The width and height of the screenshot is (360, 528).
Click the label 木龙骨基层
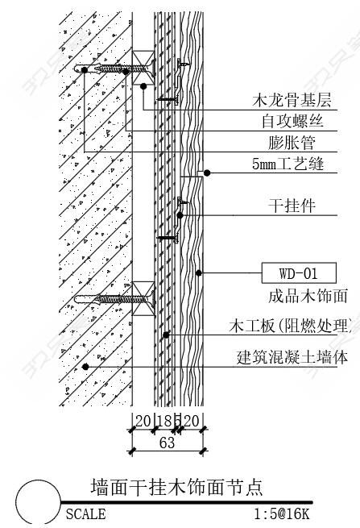(292, 100)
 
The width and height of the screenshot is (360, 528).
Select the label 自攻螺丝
(292, 121)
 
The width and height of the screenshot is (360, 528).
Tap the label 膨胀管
(292, 143)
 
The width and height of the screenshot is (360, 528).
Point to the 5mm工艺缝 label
(288, 164)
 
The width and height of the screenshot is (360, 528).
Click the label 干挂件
(292, 206)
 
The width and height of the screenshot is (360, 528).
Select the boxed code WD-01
(299, 272)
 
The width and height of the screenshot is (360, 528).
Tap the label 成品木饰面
(308, 297)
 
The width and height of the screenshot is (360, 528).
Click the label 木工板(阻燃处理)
(292, 326)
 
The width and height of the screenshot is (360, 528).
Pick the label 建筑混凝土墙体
(292, 357)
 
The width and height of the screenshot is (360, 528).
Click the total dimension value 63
(167, 443)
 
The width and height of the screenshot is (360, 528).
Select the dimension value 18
(165, 421)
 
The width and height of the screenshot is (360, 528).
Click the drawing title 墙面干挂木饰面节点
(176, 487)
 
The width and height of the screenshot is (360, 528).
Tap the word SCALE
(85, 514)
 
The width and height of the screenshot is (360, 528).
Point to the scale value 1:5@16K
(282, 514)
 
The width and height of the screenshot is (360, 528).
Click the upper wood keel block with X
(143, 68)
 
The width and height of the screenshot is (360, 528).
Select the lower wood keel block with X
(143, 299)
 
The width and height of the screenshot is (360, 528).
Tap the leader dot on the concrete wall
(85, 366)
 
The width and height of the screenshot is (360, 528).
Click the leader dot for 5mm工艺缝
(207, 173)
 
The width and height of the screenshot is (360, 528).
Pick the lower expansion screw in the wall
(114, 299)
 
